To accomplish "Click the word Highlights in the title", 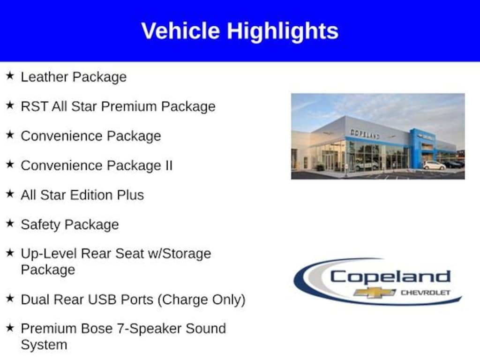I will pos(283,31).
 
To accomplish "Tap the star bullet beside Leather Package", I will pos(10,75).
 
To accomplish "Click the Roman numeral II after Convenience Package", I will pos(168,165).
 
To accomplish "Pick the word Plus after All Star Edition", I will pos(131,195).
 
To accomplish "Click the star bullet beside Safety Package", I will pos(10,223).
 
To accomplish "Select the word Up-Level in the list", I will pos(49,254).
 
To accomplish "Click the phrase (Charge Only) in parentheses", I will pos(202,300).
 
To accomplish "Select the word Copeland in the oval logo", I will pos(390,277).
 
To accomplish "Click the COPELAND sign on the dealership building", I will pos(365,134).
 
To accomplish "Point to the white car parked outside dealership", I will pos(435,165).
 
